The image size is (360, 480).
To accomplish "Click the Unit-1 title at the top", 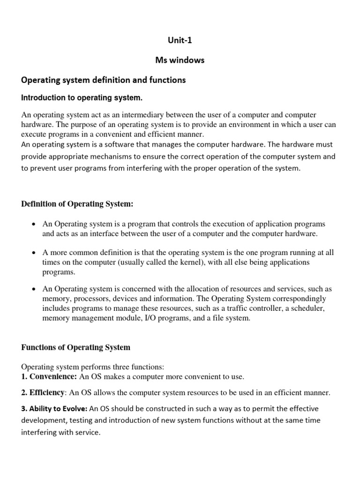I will coord(180,40).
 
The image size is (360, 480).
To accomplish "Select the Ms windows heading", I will coord(180,60).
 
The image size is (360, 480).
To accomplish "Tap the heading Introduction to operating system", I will coord(82,98).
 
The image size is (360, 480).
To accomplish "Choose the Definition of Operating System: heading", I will coord(77,204).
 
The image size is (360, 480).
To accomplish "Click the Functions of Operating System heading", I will coord(76,347).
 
